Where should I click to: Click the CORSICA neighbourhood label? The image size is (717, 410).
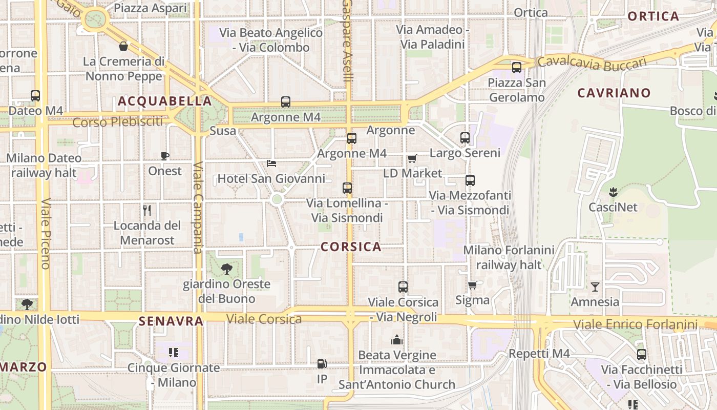point(351,247)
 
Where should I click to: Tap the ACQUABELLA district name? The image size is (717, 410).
point(165,101)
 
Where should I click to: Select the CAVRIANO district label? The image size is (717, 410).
point(614,93)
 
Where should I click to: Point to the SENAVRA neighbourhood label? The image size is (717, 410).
point(171,321)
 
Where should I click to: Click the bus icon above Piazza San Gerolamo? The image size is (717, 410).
point(517,67)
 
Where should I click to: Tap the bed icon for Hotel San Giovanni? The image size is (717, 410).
point(271,163)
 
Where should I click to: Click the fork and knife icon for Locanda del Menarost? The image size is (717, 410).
point(147,210)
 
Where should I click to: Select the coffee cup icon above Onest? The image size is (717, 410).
point(164,156)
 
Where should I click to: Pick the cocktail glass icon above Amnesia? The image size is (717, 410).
point(595,286)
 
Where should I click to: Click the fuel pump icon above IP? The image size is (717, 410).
point(322,364)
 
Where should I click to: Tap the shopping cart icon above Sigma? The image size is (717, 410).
point(472,285)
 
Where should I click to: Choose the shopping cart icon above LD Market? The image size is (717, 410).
point(412,158)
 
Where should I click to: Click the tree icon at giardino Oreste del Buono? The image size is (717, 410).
point(226,269)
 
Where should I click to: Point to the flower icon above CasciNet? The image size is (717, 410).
point(613,192)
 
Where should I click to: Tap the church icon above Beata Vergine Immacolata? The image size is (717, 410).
point(397,339)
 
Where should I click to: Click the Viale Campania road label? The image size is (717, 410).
point(198,208)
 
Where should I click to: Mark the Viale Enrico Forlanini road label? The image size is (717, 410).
point(635,324)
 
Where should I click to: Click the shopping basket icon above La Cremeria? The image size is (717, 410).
point(123,47)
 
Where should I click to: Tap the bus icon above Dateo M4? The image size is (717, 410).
point(35,96)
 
